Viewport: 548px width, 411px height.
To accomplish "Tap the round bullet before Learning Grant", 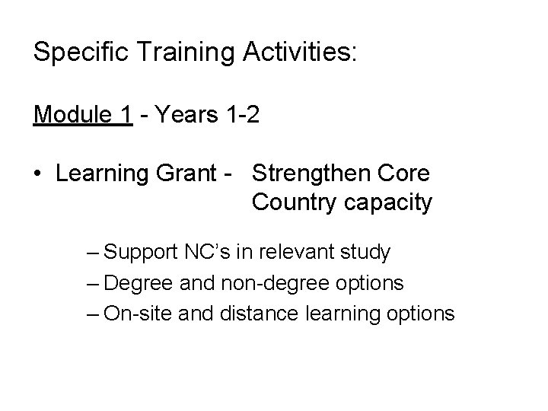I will point(38,174).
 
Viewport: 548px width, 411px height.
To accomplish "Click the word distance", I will point(255,313).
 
